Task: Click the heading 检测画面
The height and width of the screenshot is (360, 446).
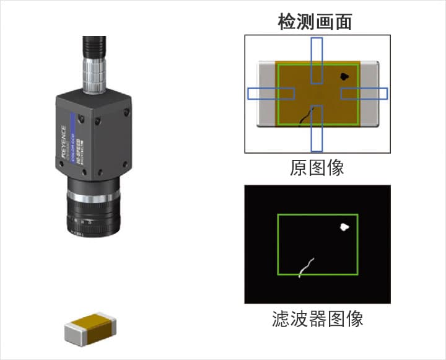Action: (x=317, y=22)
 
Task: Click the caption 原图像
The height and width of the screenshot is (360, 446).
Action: (x=317, y=167)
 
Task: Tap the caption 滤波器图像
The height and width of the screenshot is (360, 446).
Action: (x=317, y=318)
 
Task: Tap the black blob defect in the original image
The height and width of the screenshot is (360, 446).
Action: (x=344, y=77)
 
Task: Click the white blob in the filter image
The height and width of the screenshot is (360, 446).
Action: (x=344, y=227)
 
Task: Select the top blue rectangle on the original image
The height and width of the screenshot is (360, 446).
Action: (x=317, y=60)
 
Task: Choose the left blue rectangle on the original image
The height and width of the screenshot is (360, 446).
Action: (x=271, y=94)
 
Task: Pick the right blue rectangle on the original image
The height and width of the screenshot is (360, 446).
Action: (x=364, y=93)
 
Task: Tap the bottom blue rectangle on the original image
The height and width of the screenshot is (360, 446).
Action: (x=317, y=128)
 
